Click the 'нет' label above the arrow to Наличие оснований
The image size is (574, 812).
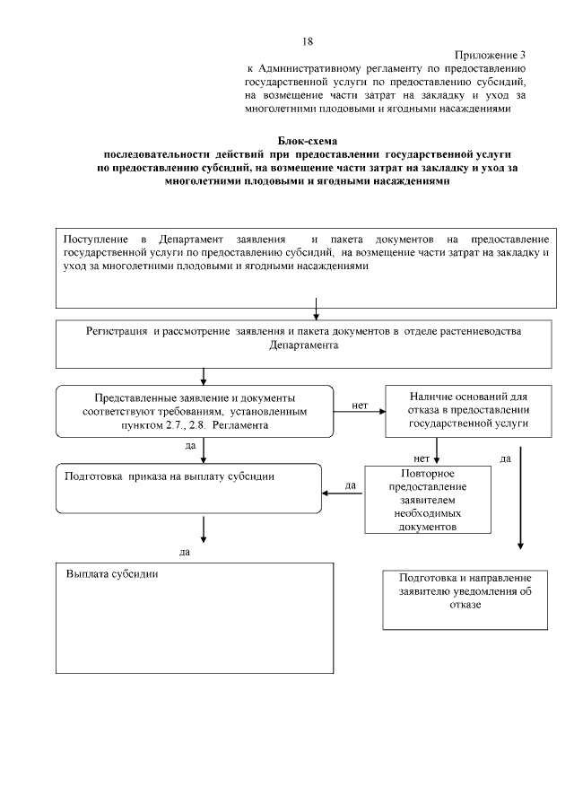tap(361, 406)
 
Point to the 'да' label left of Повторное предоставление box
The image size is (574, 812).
tap(351, 485)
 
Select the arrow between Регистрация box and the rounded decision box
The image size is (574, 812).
tap(204, 375)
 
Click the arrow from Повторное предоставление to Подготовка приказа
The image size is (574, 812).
tap(343, 492)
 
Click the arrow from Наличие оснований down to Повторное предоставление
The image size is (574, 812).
tap(436, 449)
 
